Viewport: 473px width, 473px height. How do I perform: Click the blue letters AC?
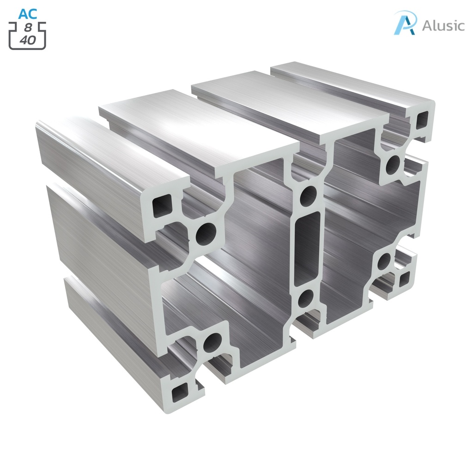coord(27,13)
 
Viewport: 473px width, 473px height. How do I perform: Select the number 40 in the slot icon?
coord(28,40)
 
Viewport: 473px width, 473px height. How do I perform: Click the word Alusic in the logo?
coord(443,25)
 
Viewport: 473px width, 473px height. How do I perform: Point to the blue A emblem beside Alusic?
coord(405,23)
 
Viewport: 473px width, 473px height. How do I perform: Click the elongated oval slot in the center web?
coord(307,248)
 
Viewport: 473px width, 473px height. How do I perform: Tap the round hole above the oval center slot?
coord(308,196)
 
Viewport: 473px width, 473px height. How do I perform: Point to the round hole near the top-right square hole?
coord(394,163)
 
